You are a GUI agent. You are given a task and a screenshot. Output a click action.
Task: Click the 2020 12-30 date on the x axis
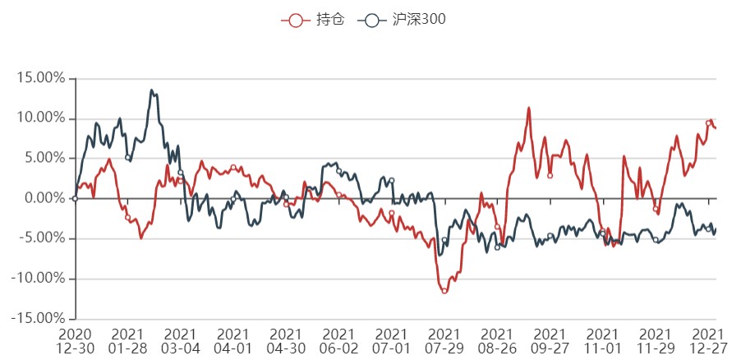click(75, 341)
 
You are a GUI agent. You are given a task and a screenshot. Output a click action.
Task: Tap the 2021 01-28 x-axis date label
click(127, 341)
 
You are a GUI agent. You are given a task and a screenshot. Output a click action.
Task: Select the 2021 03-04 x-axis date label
click(180, 341)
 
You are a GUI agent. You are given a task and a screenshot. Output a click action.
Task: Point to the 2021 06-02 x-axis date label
click(338, 341)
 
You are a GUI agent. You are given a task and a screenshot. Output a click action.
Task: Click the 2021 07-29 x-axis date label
click(444, 341)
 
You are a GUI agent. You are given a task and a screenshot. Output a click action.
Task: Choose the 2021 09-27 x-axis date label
click(550, 341)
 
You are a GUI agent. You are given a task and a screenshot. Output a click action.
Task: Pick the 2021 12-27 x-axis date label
click(708, 341)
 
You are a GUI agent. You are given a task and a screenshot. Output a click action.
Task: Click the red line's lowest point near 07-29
click(444, 291)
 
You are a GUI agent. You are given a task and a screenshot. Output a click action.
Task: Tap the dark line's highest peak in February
click(152, 90)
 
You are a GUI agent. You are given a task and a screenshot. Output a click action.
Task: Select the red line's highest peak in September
click(529, 108)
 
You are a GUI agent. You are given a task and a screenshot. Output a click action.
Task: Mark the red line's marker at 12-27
click(708, 123)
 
